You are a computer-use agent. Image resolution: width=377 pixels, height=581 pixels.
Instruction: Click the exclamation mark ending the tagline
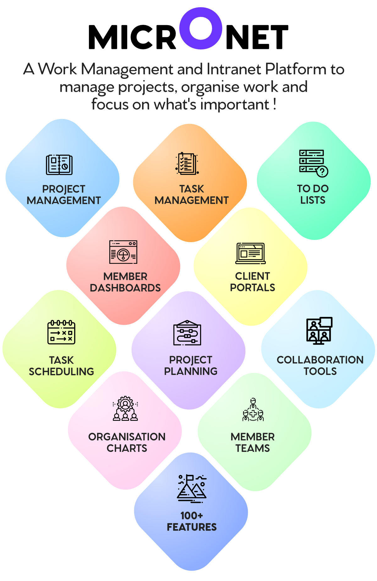point(275,104)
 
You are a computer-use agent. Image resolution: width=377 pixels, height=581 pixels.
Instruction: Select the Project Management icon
point(59,165)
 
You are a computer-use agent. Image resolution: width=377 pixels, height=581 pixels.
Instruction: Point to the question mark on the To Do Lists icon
point(322,171)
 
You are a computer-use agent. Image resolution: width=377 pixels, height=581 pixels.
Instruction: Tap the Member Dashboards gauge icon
point(123,252)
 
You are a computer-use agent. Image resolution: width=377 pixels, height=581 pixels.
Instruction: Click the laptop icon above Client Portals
point(251,253)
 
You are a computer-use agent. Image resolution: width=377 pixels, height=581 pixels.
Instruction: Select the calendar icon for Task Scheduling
point(61,332)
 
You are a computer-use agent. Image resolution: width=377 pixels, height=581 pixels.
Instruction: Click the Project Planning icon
point(187,333)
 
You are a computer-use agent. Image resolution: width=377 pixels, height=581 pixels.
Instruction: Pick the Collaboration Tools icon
point(320,331)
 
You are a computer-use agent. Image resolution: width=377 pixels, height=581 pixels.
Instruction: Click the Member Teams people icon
point(253,410)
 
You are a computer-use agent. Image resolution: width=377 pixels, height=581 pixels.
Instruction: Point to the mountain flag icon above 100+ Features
point(192,489)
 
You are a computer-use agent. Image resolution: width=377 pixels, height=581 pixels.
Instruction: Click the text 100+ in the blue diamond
point(192,515)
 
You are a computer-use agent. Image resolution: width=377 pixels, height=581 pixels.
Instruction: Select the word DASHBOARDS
point(125,288)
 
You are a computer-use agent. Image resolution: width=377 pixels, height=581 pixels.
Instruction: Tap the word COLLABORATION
point(320,360)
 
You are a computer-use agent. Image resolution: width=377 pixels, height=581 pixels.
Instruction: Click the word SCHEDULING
point(62,372)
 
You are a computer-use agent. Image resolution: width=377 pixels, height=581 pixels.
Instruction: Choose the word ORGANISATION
point(127,437)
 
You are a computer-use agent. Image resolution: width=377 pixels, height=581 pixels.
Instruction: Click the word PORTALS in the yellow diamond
point(253,288)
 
